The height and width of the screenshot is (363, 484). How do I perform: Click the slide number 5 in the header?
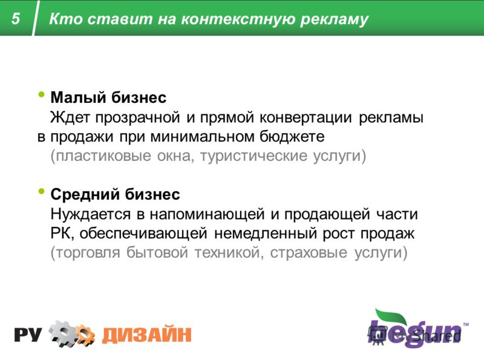[16, 19]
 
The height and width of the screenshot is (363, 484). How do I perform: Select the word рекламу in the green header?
[335, 20]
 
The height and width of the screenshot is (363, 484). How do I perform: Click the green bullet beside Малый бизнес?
[41, 94]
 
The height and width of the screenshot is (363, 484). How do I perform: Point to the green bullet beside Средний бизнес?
[41, 191]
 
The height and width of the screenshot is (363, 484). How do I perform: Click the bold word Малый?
[78, 98]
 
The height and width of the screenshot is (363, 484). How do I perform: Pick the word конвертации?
[306, 118]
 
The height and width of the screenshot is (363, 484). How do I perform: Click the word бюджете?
[292, 137]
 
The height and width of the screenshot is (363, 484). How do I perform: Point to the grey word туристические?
[253, 156]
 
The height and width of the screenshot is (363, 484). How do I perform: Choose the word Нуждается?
[91, 215]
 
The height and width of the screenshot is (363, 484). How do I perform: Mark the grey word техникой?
[229, 253]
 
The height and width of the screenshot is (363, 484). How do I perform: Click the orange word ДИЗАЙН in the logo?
[146, 335]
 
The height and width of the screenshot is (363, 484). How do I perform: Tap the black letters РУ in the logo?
[28, 335]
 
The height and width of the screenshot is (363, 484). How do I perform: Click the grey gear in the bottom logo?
[63, 333]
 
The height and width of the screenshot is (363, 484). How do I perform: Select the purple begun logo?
[417, 329]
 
